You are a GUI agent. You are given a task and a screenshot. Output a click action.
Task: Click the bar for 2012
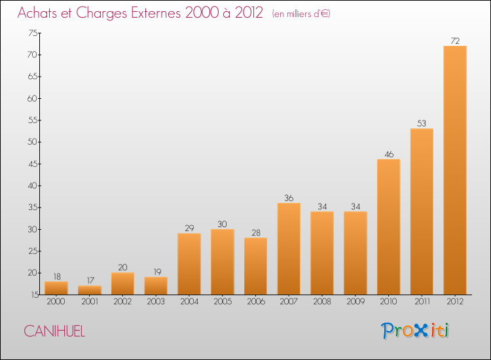point(455,170)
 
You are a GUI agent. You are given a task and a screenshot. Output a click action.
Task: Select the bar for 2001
point(90,290)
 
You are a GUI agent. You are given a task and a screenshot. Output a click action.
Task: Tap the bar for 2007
point(289,249)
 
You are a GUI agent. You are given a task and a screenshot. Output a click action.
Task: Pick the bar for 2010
point(388,226)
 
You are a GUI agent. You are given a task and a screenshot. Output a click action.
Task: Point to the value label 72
point(455,41)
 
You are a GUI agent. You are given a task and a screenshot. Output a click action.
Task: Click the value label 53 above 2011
point(422,123)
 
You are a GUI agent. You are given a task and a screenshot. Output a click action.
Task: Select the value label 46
point(388,154)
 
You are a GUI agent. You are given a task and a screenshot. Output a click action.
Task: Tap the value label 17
point(90,280)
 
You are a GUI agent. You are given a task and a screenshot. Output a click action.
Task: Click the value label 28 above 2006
point(255,232)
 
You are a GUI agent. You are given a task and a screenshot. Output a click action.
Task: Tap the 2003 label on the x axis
point(156,303)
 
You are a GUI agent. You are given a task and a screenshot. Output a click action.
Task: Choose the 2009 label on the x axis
point(355,303)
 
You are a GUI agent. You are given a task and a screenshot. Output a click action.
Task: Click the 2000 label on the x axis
point(56,303)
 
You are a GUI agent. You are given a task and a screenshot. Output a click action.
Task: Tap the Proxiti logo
point(416,331)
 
